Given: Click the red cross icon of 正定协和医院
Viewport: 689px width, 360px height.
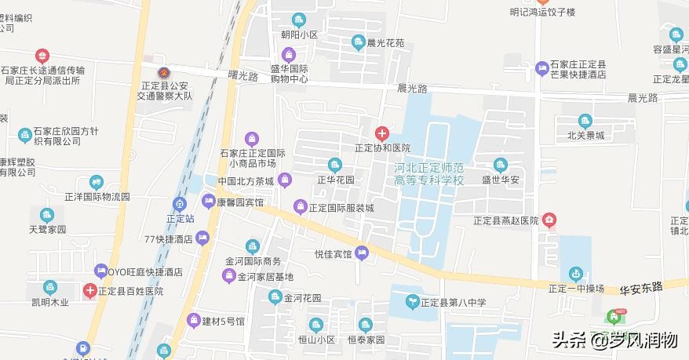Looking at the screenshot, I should (382, 133).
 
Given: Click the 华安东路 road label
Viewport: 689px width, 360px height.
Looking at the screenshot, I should (640, 289).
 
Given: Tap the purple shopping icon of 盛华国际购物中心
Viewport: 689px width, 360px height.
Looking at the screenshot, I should (289, 54).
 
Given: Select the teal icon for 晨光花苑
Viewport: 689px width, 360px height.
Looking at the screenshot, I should (358, 42).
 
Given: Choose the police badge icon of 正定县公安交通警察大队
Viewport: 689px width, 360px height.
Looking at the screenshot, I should (163, 63).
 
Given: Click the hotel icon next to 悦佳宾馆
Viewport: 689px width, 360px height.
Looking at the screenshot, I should (361, 253).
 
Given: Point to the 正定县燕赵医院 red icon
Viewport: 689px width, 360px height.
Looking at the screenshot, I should (551, 220).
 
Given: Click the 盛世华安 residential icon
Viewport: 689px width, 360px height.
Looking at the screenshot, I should (501, 164).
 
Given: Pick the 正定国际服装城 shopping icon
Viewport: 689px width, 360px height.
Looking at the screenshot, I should (299, 207).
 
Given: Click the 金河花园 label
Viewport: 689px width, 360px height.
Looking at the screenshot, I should (303, 298).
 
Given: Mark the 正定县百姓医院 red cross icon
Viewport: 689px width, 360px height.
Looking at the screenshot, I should (91, 291).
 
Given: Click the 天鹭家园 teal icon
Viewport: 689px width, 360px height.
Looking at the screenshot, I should (48, 215).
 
